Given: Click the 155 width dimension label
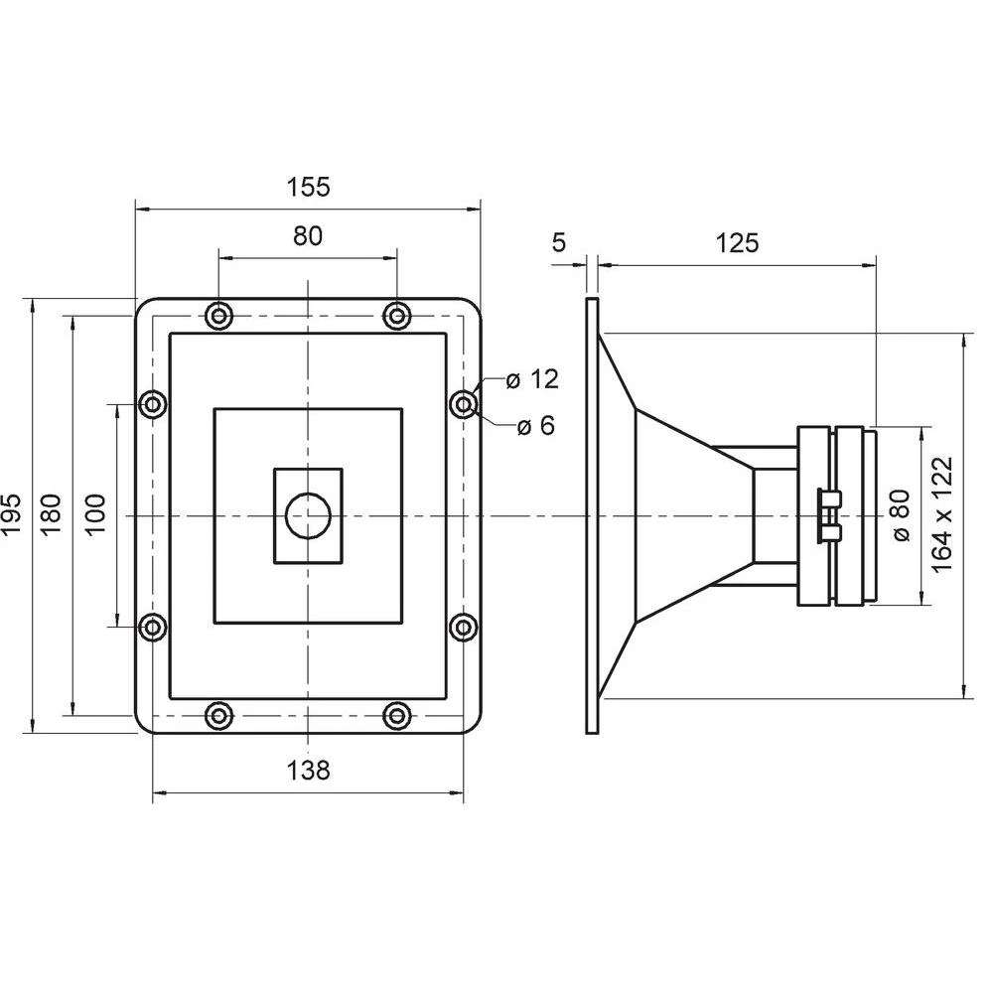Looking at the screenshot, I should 308,186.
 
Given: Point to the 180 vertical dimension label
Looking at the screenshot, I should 53,515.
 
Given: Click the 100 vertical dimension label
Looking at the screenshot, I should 96,515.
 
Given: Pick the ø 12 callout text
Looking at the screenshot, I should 531,379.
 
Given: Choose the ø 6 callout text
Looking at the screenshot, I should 536,426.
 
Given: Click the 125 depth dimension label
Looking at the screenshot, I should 737,242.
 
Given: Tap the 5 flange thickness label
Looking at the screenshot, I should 558,242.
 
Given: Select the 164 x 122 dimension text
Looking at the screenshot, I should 943,513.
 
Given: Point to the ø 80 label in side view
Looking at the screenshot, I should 902,515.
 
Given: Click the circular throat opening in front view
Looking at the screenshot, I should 308,515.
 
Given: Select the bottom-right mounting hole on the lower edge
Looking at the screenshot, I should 397,714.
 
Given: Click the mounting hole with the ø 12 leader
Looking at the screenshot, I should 464,404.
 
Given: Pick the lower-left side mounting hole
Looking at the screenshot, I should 152,627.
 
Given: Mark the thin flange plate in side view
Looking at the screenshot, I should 592,515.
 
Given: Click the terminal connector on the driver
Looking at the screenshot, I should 826,515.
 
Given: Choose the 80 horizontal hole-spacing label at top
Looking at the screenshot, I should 308,236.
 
